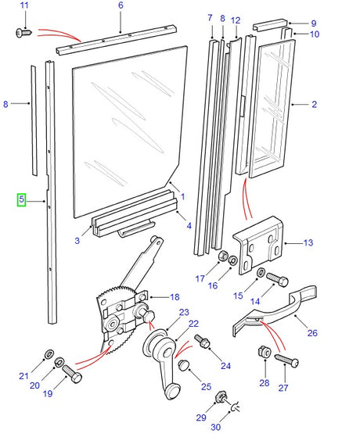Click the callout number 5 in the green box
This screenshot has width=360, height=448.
[23, 200]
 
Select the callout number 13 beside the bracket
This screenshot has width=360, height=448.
[308, 243]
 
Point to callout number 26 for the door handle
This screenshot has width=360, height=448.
[312, 333]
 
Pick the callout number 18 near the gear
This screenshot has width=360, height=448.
[175, 297]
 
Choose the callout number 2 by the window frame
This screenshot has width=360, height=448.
[314, 103]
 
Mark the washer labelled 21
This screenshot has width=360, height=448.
[49, 353]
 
